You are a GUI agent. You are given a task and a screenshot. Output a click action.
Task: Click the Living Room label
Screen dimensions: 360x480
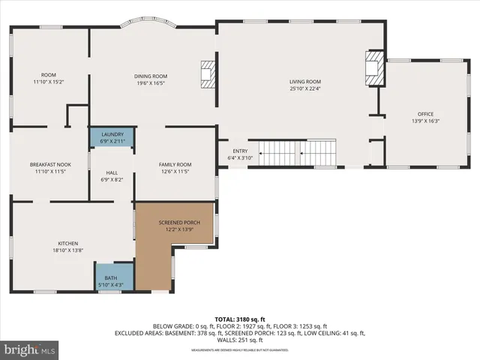coord(305,82)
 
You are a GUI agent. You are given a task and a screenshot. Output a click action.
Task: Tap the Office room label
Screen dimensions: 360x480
coord(425,113)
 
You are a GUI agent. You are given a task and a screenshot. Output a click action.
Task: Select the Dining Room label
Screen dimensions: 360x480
coord(150,76)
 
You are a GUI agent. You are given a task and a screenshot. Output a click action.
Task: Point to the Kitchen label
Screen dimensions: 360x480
coord(68,244)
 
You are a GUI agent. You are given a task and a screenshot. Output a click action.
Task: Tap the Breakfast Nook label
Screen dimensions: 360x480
coord(49,164)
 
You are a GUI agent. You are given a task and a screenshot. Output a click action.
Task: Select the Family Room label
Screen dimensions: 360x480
coord(175,164)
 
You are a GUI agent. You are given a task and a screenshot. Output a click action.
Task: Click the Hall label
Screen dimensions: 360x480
coord(111,172)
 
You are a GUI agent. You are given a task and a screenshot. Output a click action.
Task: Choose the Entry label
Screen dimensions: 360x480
coord(239,151)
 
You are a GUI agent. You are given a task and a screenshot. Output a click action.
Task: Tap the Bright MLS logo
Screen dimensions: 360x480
coord(28,349)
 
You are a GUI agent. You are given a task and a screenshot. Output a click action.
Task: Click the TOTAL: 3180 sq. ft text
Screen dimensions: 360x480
coord(239,319)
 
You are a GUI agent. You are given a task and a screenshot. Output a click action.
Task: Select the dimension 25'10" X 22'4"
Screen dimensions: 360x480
coord(305,88)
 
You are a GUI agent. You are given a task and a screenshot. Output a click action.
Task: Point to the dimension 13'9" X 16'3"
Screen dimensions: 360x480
coord(425,121)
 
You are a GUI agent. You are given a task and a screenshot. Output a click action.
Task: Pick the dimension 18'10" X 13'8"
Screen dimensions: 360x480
coord(68,250)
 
